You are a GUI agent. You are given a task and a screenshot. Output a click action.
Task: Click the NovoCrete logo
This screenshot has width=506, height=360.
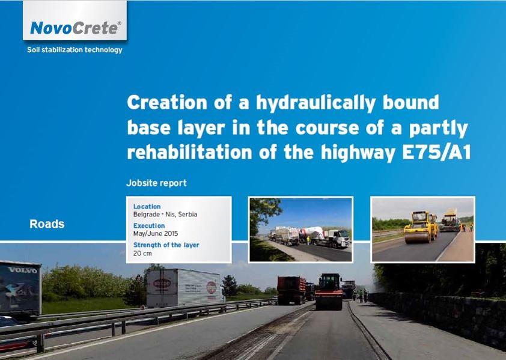click(75, 28)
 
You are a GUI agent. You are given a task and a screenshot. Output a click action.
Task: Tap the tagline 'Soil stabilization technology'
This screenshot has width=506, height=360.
click(75, 50)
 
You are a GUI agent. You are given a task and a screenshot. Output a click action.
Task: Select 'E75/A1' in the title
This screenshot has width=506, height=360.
click(436, 152)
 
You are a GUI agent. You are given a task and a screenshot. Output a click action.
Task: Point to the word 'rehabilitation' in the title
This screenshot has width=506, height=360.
click(189, 152)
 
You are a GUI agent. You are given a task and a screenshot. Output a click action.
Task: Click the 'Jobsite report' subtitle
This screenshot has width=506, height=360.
click(156, 183)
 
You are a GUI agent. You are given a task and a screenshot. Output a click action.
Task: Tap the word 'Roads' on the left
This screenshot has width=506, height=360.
click(47, 224)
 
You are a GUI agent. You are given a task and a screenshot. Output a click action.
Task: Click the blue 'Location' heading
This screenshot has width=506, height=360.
click(147, 206)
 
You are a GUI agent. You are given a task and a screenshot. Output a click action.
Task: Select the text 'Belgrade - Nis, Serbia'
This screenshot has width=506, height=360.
click(165, 214)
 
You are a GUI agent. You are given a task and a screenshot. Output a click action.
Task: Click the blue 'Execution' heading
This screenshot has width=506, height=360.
click(149, 226)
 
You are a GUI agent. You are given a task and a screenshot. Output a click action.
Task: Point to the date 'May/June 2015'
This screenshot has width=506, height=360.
click(156, 233)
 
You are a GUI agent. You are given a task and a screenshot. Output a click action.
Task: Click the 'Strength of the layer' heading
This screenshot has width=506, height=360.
click(166, 245)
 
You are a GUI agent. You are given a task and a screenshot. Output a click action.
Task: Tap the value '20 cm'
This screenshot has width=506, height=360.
click(142, 253)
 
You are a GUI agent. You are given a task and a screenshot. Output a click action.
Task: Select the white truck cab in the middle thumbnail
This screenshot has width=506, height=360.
click(340, 238)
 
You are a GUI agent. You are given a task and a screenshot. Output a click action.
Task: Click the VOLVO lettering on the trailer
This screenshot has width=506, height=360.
click(23, 270)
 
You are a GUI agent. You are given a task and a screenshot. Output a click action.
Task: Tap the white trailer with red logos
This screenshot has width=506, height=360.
click(184, 288)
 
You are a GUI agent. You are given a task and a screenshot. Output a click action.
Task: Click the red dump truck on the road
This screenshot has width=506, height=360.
click(291, 290)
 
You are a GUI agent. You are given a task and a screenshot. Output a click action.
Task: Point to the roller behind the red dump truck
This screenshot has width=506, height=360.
click(329, 292)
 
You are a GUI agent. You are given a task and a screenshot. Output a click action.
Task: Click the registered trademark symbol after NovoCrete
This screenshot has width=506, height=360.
click(120, 23)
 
